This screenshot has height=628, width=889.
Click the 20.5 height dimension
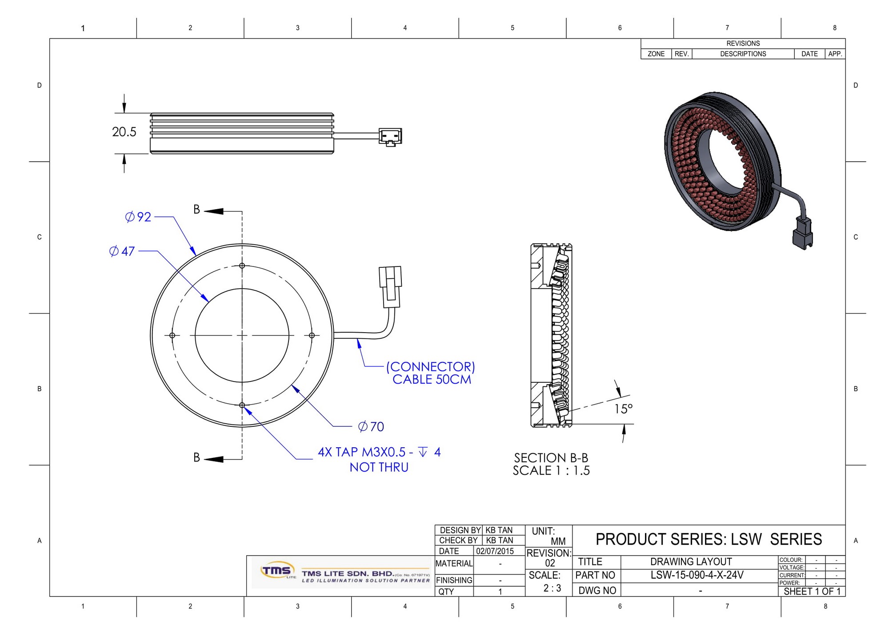click(124, 132)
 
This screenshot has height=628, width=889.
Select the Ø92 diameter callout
click(138, 217)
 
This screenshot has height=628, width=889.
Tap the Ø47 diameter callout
click(122, 251)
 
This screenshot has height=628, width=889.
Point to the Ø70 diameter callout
click(371, 427)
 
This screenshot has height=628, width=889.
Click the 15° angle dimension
click(623, 409)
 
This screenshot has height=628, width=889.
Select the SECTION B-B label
click(551, 458)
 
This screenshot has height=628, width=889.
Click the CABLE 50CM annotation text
click(431, 380)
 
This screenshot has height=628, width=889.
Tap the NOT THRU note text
click(379, 467)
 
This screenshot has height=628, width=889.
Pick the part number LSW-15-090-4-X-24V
click(697, 575)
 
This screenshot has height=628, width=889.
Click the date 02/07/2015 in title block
click(495, 551)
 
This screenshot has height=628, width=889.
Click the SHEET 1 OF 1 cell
click(812, 592)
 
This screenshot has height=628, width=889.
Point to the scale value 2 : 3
click(552, 588)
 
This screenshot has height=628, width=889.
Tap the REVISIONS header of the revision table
click(743, 44)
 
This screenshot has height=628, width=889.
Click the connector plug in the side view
click(390, 137)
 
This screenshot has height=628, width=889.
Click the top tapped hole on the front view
click(242, 266)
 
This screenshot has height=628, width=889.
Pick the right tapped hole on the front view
click(312, 335)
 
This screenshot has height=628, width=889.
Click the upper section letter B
click(196, 210)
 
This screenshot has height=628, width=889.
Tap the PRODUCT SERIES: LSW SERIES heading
click(709, 539)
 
